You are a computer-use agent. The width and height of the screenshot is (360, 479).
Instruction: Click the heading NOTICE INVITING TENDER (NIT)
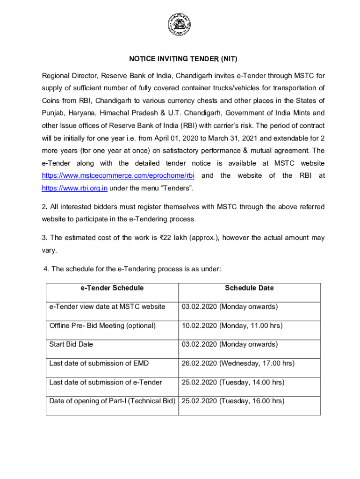click(183, 59)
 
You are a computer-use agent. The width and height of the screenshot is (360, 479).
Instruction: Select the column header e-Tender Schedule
click(112, 288)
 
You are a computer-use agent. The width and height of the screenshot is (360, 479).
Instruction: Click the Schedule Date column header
click(249, 288)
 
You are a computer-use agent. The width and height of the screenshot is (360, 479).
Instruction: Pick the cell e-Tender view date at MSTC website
click(107, 307)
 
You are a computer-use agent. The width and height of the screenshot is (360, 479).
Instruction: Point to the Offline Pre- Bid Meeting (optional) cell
click(102, 326)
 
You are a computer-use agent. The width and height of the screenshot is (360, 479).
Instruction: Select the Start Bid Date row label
click(71, 344)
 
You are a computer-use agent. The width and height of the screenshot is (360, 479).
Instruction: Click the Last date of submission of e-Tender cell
click(106, 383)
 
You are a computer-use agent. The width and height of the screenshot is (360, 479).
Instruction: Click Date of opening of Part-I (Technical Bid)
click(112, 401)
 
